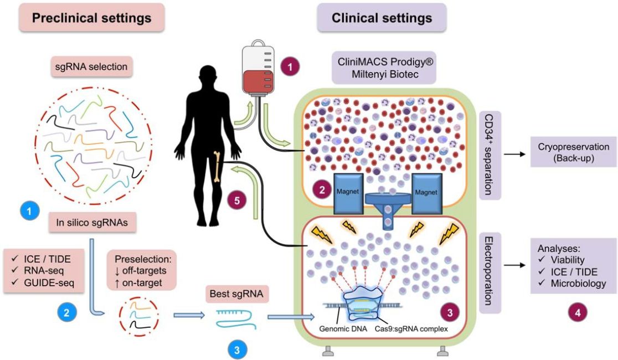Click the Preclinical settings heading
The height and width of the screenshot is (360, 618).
coord(91,18)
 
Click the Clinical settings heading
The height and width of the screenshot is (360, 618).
coord(382,18)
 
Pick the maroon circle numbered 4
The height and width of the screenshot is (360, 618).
coord(578,312)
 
